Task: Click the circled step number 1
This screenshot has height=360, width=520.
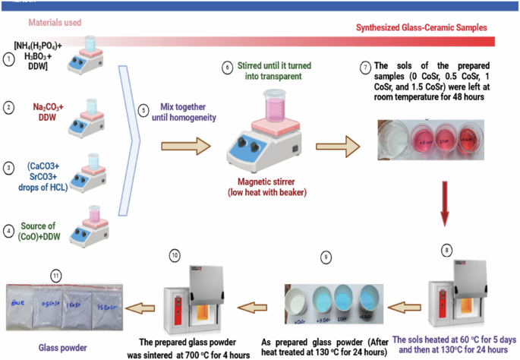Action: point(8,58)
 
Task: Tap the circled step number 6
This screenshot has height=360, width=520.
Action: point(226,67)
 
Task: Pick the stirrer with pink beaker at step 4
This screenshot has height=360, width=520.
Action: point(88,227)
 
